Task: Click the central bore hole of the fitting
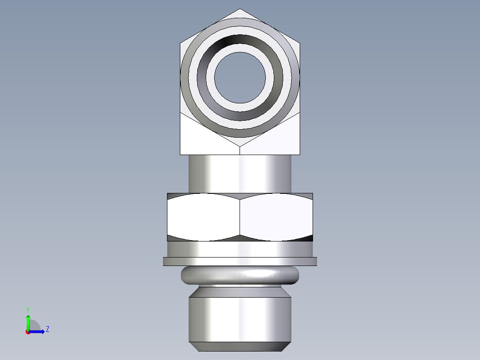(x=240, y=77)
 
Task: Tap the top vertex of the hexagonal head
(x=240, y=9)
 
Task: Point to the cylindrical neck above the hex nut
(x=240, y=174)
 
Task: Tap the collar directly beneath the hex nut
(x=240, y=249)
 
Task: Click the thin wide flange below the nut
(x=240, y=262)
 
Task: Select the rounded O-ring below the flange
(x=240, y=276)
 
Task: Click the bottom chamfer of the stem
(x=240, y=347)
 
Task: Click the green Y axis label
(x=28, y=309)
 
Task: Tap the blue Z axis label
(x=47, y=329)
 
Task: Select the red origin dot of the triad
(x=28, y=332)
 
